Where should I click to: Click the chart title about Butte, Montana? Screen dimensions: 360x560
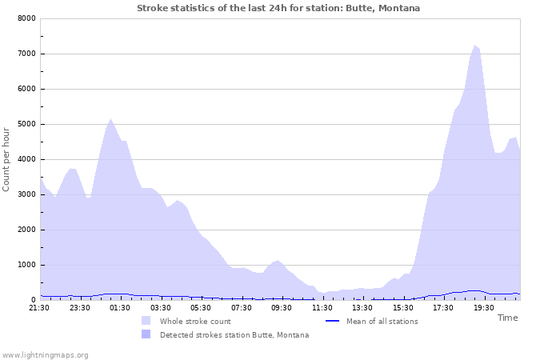(x=278, y=8)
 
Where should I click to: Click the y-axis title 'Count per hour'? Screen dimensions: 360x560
(x=6, y=159)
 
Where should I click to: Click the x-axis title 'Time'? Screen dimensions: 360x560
(x=507, y=318)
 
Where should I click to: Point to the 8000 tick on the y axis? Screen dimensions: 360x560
(x=26, y=18)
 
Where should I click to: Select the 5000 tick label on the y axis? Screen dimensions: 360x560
(x=26, y=124)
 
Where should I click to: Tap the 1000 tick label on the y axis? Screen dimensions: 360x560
(x=26, y=265)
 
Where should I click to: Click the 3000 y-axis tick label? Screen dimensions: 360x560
(x=26, y=194)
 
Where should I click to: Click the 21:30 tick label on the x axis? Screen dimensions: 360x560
(x=39, y=307)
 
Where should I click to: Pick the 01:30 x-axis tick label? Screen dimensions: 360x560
(x=120, y=307)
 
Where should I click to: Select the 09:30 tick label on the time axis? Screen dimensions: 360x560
(x=282, y=307)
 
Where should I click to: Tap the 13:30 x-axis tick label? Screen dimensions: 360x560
(x=362, y=307)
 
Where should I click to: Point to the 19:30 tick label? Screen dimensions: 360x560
(x=483, y=307)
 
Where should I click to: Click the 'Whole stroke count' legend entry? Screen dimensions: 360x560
(x=195, y=321)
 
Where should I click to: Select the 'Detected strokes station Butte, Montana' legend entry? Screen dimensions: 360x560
(x=234, y=334)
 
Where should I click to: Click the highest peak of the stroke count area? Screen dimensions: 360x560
(x=474, y=46)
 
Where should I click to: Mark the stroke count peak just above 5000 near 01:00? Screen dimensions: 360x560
(x=110, y=119)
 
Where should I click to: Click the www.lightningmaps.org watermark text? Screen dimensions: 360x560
(x=45, y=354)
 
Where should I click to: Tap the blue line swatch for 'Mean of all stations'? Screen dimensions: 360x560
(x=333, y=321)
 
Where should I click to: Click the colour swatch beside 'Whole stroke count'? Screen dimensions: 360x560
(x=146, y=321)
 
